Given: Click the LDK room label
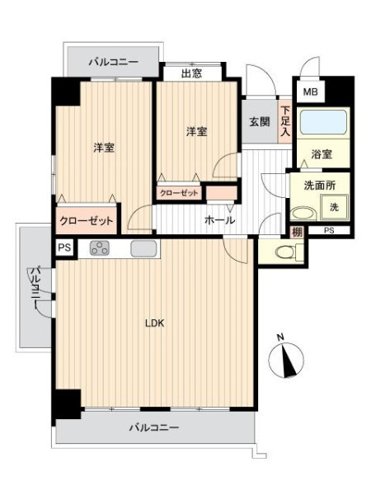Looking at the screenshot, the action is pyautogui.click(x=155, y=323).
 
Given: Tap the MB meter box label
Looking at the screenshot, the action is pyautogui.click(x=310, y=92).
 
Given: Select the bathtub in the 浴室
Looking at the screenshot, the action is pyautogui.click(x=323, y=122).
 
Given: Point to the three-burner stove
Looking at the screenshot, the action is pyautogui.click(x=100, y=247).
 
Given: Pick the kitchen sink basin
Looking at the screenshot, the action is pyautogui.click(x=143, y=248).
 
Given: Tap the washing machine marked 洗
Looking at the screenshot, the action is pyautogui.click(x=334, y=207).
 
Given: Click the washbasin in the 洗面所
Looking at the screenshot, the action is pyautogui.click(x=303, y=214).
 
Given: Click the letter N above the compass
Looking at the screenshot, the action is pyautogui.click(x=280, y=337).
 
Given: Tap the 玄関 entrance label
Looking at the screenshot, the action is pyautogui.click(x=260, y=121).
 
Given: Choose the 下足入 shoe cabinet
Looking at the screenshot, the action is pyautogui.click(x=285, y=121).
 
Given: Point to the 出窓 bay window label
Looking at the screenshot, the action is pyautogui.click(x=191, y=74).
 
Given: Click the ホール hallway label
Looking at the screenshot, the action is pyautogui.click(x=219, y=220).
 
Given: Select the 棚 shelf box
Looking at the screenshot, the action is pyautogui.click(x=297, y=233).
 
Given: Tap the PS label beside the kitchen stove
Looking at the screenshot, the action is pyautogui.click(x=64, y=247).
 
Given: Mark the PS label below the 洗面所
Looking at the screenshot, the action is pyautogui.click(x=329, y=230).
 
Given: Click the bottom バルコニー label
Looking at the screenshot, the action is pyautogui.click(x=154, y=428).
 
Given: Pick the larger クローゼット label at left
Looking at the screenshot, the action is pyautogui.click(x=86, y=220).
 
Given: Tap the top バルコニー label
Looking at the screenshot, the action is pyautogui.click(x=113, y=61).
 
